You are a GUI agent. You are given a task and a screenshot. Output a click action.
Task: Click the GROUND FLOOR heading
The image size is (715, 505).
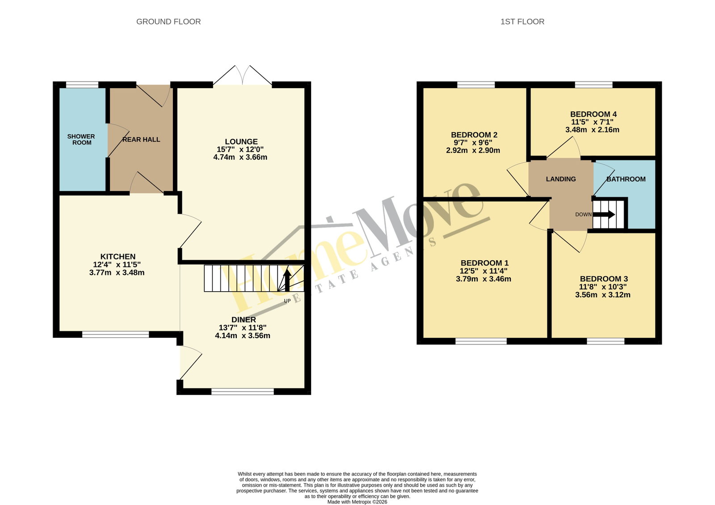168,22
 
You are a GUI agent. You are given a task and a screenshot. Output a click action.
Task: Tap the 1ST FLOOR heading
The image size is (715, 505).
522,22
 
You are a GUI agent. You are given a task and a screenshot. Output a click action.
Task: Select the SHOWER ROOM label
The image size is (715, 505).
81,140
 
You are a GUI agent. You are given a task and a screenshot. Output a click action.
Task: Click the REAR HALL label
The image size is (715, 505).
141,140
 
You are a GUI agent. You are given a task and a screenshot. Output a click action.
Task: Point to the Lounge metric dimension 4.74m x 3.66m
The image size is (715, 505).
240,157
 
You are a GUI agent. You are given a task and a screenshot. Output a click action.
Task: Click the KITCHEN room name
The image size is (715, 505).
118,256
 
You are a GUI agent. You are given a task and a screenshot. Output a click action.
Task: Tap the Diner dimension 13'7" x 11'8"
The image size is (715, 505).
243,328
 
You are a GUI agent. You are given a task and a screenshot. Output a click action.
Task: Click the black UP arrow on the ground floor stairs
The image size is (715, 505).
287,280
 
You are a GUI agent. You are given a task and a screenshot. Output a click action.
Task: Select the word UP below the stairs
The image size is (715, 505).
287,301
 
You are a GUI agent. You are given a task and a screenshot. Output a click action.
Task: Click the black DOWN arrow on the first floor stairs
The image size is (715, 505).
604,214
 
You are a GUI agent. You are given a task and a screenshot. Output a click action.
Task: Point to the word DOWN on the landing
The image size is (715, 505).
584,215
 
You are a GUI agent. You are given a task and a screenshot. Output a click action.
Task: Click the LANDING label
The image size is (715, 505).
561,179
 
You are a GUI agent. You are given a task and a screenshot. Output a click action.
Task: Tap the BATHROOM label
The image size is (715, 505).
626,179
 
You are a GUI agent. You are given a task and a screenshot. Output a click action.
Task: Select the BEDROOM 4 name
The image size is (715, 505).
593,115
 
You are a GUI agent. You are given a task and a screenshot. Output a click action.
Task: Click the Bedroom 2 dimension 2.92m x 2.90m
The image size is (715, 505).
473,150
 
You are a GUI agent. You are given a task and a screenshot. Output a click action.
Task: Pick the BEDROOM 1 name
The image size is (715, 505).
484,263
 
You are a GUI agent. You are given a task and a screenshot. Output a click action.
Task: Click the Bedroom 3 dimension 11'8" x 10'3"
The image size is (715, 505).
603,287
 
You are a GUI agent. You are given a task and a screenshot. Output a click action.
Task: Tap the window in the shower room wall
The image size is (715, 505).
82,85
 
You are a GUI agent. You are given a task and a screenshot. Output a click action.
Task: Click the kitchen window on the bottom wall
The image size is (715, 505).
116,335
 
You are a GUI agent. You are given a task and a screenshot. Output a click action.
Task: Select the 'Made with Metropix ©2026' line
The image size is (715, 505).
357,502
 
